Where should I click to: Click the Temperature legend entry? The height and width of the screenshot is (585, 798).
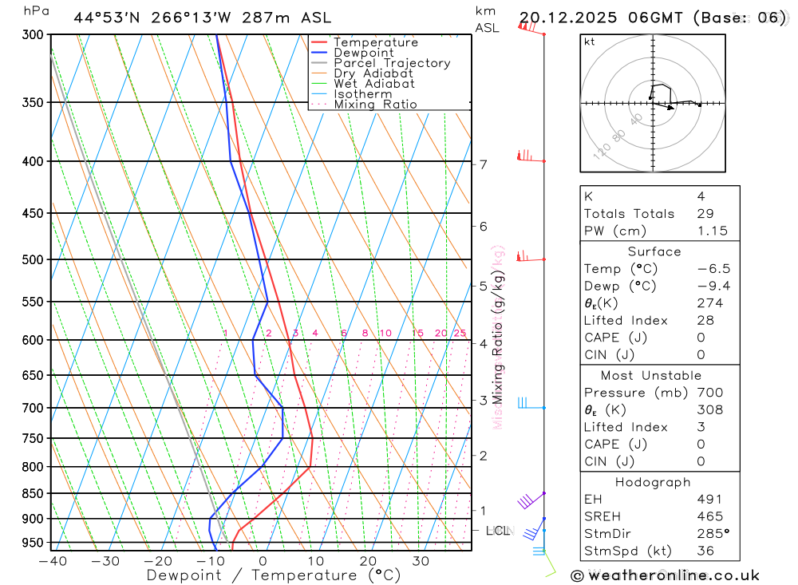coord(375,42)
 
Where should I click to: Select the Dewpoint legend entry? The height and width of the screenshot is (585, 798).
coord(363,53)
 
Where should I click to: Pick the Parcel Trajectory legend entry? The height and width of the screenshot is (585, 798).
coord(391,63)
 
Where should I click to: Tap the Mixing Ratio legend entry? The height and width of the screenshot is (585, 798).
coord(375,105)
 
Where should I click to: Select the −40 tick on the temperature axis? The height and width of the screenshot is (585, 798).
coord(53,561)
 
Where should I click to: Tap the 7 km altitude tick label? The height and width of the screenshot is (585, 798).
coord(483,165)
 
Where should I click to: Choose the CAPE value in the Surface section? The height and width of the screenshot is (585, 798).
coord(701,338)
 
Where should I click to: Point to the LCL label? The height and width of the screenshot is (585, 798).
coord(497,530)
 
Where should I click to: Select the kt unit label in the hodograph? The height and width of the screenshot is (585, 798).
coord(590,42)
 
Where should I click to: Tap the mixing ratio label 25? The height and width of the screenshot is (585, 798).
coord(460,333)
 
